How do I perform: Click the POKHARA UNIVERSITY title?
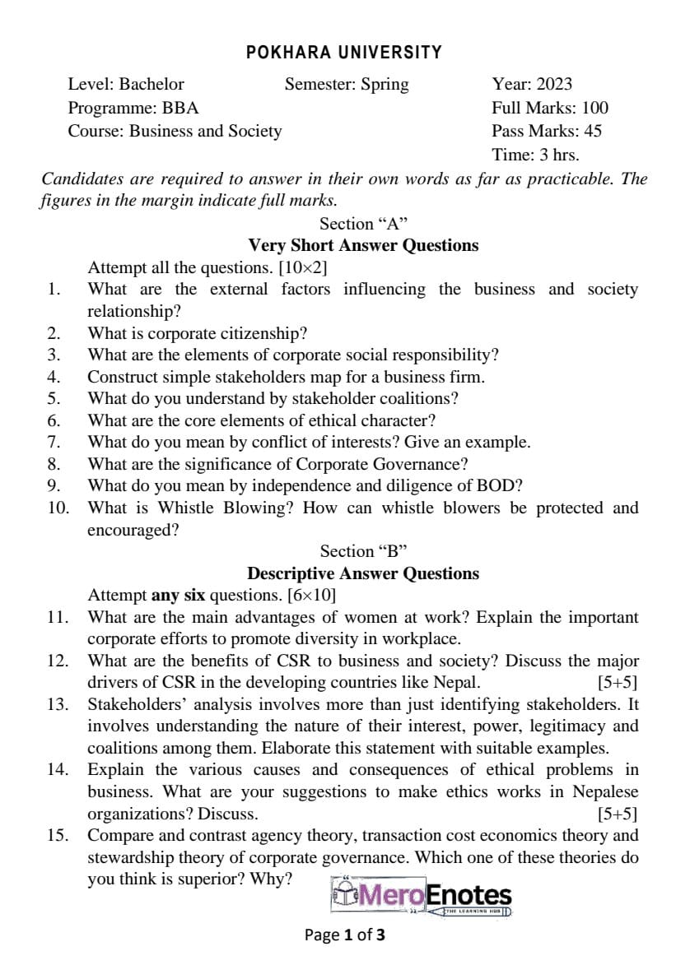coord(344,53)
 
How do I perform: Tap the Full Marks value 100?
coord(594,108)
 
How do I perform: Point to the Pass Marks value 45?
coord(592,131)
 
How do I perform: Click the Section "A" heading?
coord(363,224)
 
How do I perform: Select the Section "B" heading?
coord(363,551)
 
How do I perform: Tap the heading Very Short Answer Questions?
coord(363,245)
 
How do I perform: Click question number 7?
coord(54,442)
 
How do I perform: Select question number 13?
coord(57,704)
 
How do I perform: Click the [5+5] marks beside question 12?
coord(618,682)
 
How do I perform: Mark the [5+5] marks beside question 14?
coord(618,814)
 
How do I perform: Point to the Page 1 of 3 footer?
coord(345,935)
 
